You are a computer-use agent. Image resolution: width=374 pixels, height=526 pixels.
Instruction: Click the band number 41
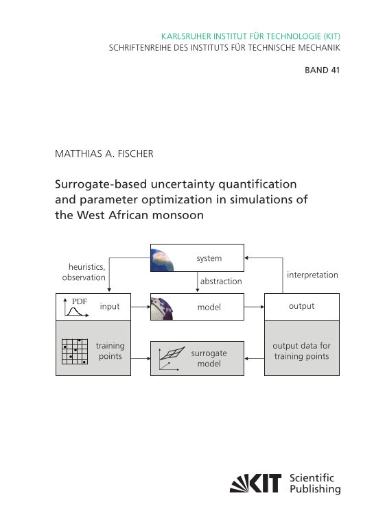click(335, 70)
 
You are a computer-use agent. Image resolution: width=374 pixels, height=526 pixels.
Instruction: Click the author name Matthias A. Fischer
click(104, 153)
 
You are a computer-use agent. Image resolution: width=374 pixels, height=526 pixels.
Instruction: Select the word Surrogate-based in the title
click(101, 184)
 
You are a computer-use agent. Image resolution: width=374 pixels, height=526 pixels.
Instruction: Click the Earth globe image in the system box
click(163, 258)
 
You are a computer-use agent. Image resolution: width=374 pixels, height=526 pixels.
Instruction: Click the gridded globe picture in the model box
click(162, 308)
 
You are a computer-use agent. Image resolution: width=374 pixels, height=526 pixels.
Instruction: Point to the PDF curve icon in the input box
click(76, 308)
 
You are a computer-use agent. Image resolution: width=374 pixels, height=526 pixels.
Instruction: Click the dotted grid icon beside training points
click(75, 351)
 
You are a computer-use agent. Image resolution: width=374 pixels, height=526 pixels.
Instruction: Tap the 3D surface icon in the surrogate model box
click(172, 358)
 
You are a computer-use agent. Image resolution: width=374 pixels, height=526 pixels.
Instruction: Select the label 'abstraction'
click(221, 281)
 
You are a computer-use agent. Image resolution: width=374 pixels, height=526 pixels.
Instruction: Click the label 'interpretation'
click(312, 275)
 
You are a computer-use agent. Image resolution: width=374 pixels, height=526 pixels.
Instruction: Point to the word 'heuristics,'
click(86, 267)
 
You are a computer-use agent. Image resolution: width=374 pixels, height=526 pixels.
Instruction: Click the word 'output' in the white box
click(301, 306)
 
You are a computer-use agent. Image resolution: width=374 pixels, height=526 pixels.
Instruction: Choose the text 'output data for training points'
click(301, 351)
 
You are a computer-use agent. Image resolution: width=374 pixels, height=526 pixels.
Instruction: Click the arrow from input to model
click(141, 307)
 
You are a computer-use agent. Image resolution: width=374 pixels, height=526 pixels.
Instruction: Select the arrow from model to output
click(254, 307)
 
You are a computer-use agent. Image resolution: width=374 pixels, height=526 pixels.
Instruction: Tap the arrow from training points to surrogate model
click(141, 358)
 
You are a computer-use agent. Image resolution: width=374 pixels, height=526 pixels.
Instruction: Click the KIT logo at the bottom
click(255, 483)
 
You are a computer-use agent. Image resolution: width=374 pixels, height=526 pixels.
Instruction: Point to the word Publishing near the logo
click(315, 489)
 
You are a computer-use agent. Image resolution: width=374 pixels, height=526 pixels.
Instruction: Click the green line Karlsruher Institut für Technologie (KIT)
click(250, 36)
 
